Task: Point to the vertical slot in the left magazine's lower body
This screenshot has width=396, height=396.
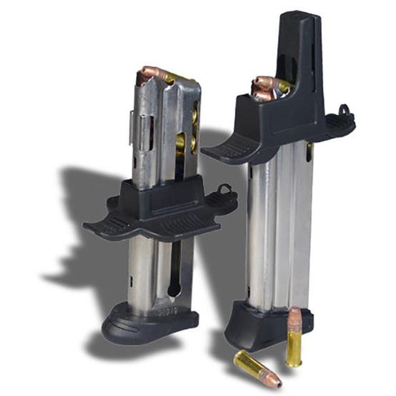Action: pos(173,275)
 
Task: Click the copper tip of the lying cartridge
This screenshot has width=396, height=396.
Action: pos(274,382)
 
